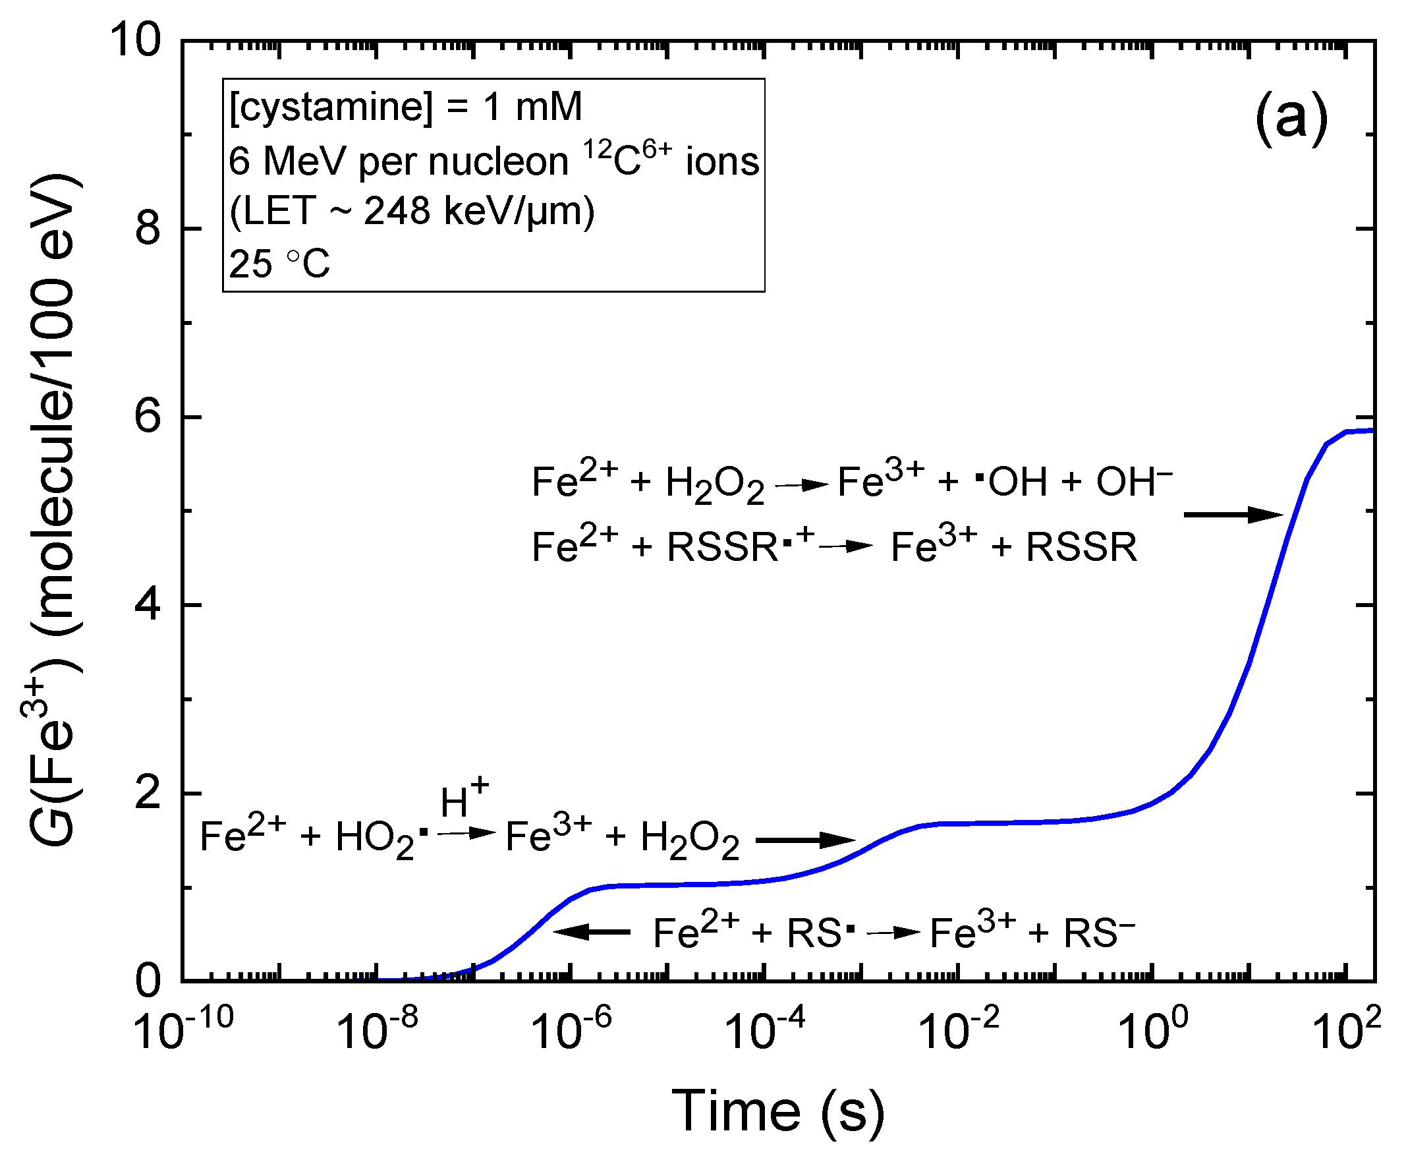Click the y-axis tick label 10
point(135,40)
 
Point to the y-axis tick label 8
point(148,229)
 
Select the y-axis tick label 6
point(148,417)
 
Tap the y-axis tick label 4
point(148,606)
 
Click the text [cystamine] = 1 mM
point(406,107)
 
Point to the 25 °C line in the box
point(279,264)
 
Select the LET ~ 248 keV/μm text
point(412,212)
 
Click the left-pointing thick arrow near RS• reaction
point(592,931)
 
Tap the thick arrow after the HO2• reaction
point(805,840)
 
